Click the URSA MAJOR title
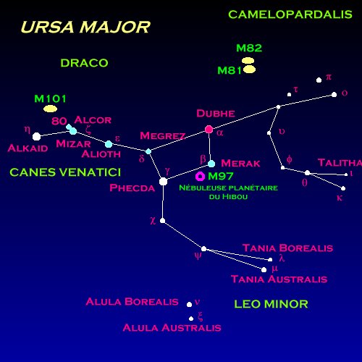[x=85, y=27]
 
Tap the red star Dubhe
[x=209, y=130]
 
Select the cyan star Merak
[x=211, y=164]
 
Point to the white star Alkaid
[x=36, y=136]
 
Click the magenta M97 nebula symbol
[x=200, y=177]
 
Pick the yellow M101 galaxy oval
[x=50, y=109]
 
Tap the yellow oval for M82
[x=248, y=60]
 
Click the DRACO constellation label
[x=84, y=63]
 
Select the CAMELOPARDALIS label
[x=290, y=14]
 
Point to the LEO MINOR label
[x=271, y=304]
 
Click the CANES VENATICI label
[x=65, y=172]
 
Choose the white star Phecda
[x=163, y=181]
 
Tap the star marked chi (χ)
[x=163, y=220]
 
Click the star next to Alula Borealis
[x=189, y=305]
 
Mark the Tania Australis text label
[x=279, y=279]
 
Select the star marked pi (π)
[x=319, y=80]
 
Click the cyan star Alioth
[x=109, y=144]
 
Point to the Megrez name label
[x=163, y=135]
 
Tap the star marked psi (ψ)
[x=204, y=249]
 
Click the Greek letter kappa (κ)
[x=340, y=198]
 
